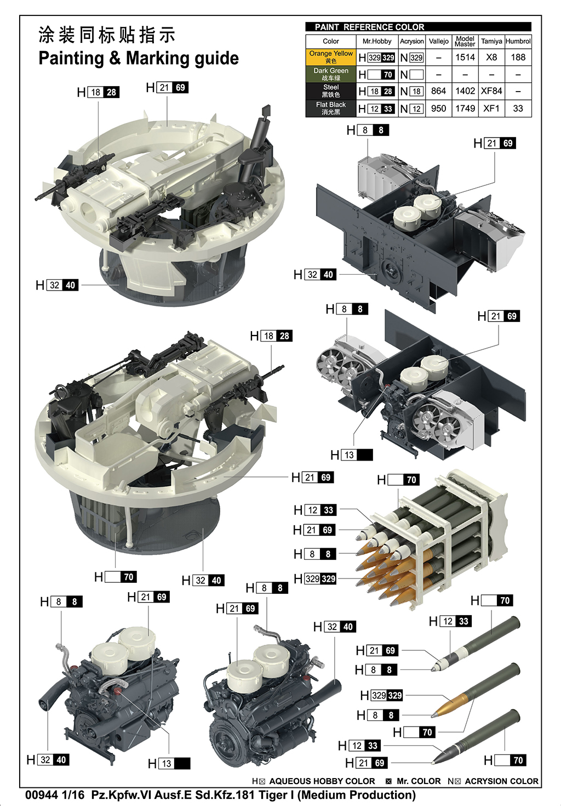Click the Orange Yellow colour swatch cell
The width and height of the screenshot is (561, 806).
coord(330,57)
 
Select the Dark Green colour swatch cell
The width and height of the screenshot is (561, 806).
coord(330,74)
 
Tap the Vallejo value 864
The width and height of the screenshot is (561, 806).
coord(438,91)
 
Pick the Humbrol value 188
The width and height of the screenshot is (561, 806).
coord(518,57)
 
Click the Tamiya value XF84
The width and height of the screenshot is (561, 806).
coord(491,91)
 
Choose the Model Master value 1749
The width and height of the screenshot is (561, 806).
coord(465,109)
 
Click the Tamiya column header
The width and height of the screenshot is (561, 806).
coord(491,41)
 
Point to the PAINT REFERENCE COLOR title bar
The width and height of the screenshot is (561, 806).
coord(418,27)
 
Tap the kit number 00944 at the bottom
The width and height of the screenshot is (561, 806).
coord(41,795)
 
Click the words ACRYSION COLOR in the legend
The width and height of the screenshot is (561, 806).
coord(501,781)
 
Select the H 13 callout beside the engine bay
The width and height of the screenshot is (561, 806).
coord(351,455)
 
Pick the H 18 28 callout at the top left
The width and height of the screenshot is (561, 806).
coord(98,92)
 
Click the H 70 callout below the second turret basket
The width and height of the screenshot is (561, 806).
coord(115,577)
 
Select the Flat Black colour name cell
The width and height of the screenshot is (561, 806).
coord(330,108)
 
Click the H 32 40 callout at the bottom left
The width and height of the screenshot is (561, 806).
coord(48,760)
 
